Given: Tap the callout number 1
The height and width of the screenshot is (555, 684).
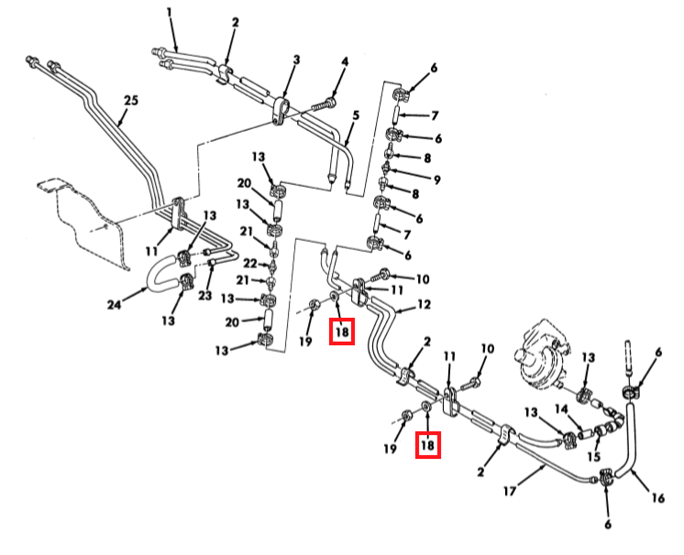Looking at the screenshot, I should pos(170,12).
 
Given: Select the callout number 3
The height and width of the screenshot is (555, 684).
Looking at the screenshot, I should pos(296,60).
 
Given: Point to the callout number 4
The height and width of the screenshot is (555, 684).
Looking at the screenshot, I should pos(345,62).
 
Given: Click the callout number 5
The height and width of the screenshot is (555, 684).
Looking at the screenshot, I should pos(356,115).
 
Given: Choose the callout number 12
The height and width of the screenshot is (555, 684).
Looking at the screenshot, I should pos(424,303).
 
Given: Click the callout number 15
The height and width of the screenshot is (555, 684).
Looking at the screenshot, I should pos(593,455).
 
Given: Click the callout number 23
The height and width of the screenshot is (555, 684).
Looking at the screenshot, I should pos(206,296).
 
